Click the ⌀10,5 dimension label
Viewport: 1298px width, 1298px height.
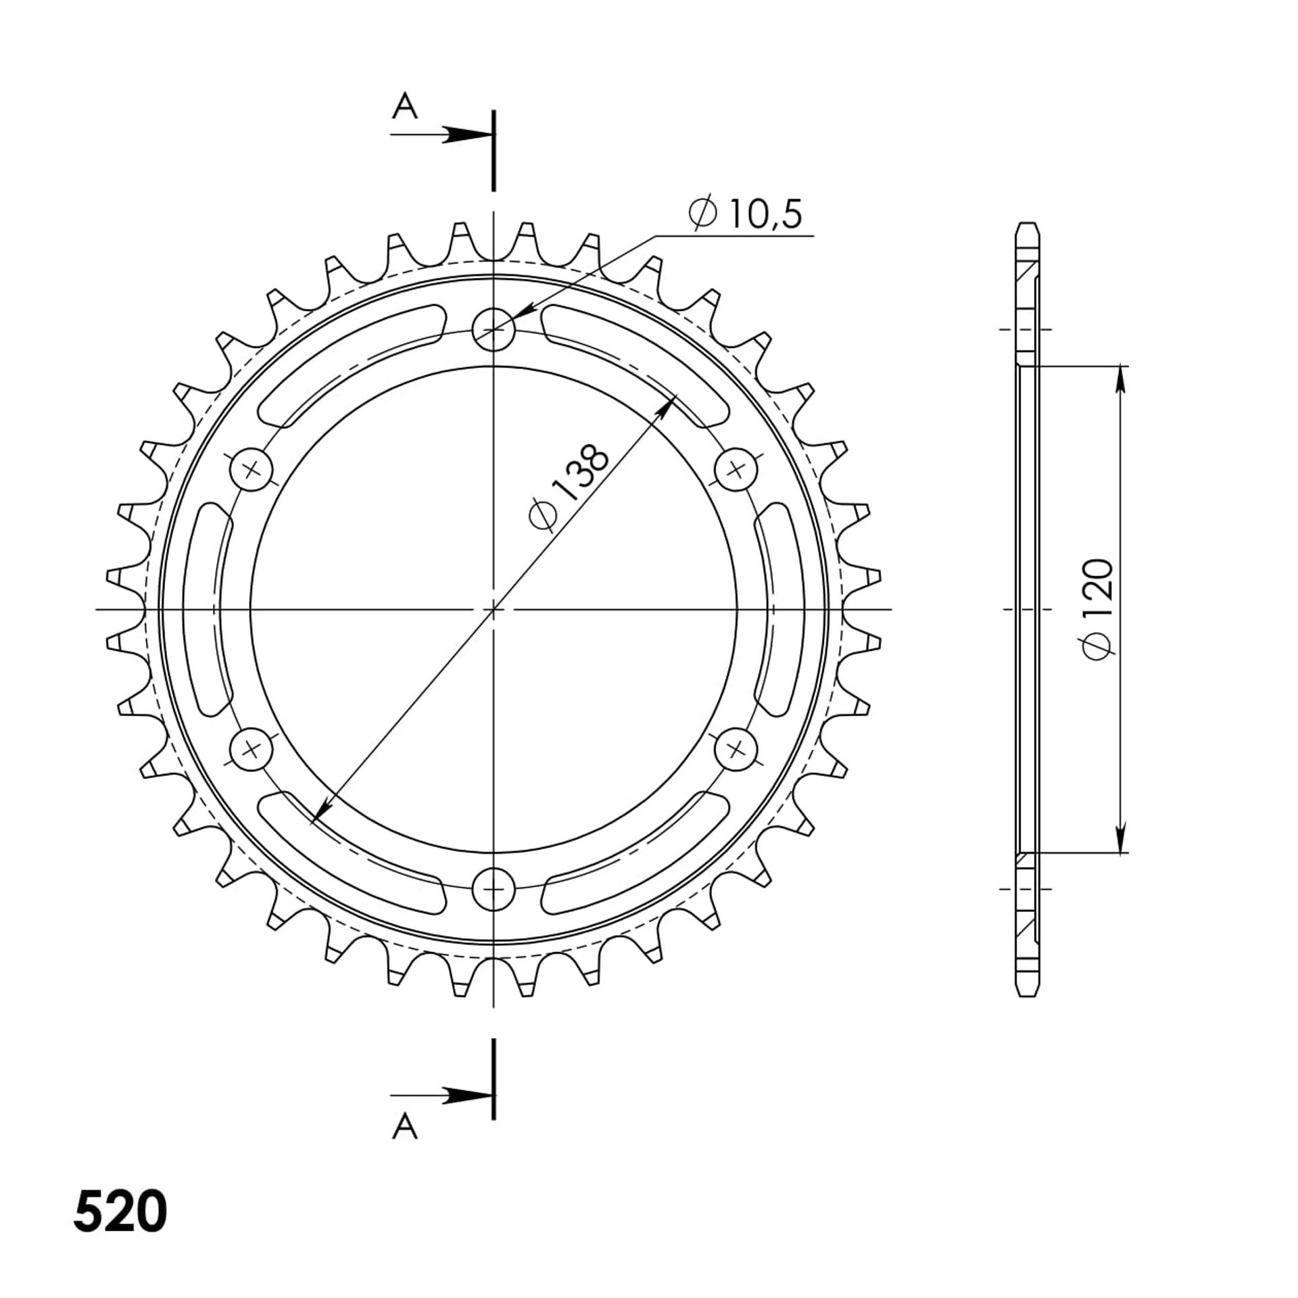[745, 214]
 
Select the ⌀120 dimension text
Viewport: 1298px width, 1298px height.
[1097, 608]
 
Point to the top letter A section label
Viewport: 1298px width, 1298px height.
[404, 106]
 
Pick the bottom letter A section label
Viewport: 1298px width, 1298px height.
[404, 1126]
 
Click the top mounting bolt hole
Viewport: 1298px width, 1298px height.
[494, 330]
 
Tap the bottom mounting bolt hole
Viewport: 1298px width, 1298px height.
[494, 889]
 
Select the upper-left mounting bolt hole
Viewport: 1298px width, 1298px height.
[251, 469]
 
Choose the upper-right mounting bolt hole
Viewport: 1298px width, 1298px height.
[736, 469]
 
